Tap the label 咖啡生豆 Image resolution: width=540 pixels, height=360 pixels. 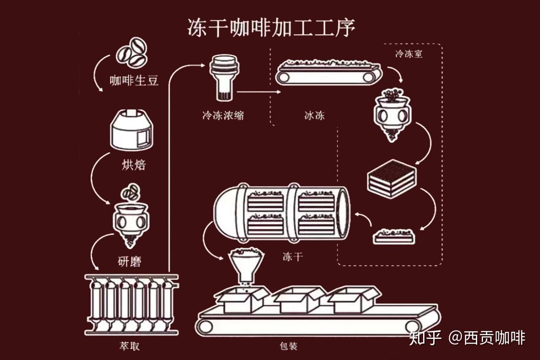coord(134,80)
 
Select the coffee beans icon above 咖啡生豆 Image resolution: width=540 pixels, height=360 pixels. coord(132,52)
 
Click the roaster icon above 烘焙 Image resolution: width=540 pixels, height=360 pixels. coord(131,130)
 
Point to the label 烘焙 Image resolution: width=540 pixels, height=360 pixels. coord(133,164)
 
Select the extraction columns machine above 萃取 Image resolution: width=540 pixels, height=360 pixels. coord(132,303)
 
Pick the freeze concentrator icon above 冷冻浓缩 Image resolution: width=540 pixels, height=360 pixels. coord(224,78)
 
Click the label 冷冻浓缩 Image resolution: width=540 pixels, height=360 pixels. coord(223,115)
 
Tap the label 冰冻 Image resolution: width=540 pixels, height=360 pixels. coord(314,115)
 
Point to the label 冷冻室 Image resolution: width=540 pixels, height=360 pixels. coord(408,54)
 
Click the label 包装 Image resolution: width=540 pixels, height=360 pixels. coord(289,346)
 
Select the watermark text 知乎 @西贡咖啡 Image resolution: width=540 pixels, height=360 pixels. coord(467,338)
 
